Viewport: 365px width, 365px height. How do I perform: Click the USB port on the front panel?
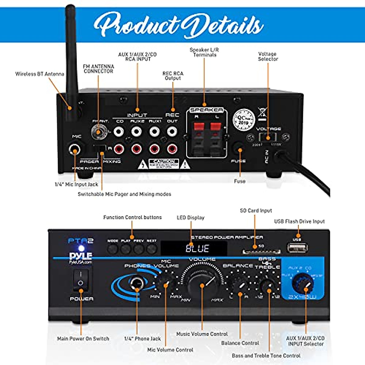pos(297,248)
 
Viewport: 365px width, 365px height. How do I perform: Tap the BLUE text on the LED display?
pos(197,249)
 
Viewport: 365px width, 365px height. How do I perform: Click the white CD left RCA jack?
pos(119,132)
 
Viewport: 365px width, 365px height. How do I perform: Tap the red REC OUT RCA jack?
pos(172,149)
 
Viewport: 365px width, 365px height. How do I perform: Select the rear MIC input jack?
pos(75,149)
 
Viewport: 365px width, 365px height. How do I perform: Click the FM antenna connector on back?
pos(98,132)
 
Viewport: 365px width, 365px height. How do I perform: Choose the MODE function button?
pos(113,249)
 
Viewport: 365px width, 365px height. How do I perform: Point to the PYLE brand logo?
pos(80,256)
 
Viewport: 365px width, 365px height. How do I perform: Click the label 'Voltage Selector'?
pos(268,56)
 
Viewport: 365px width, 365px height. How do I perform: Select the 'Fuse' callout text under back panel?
pos(240,181)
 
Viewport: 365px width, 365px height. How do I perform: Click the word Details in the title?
pos(224,25)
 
